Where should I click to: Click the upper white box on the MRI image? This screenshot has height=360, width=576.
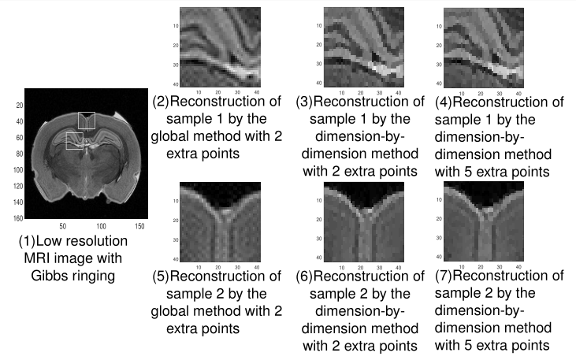[x=87, y=121]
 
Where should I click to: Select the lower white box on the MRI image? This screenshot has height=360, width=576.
[x=75, y=140]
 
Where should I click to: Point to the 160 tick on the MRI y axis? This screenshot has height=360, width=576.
[x=17, y=217]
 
